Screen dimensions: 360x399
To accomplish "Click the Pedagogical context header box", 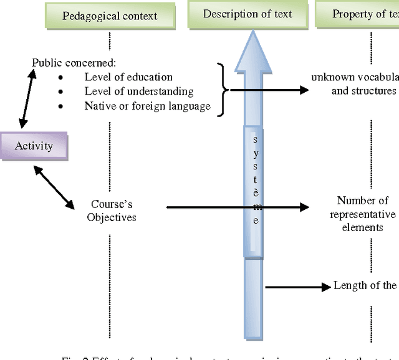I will [110, 15].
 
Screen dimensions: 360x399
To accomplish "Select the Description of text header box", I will [248, 14].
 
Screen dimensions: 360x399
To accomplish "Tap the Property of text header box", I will [358, 14].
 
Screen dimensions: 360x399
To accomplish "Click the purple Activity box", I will [34, 146].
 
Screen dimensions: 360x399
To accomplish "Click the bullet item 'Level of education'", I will [128, 77].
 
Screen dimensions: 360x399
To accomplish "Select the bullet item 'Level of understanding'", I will [138, 92].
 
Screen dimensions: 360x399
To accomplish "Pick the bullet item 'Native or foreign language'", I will [147, 106].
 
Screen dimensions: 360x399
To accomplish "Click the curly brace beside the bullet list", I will [222, 90].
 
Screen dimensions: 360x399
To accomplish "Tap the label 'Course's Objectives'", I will [112, 211].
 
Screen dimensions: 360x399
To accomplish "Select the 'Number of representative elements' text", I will [363, 214].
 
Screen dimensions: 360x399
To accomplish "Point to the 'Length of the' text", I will [365, 285].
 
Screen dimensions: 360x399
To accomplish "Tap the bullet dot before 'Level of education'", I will [60, 78].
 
